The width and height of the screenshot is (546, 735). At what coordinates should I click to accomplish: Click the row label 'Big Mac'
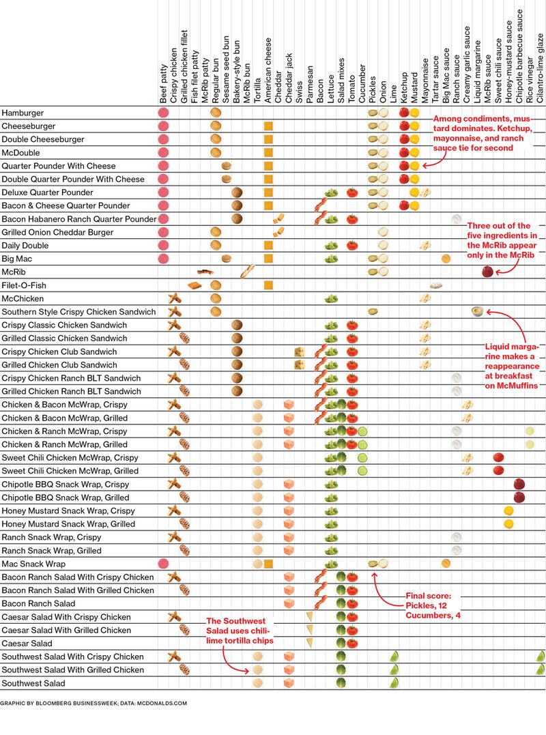pyautogui.click(x=17, y=259)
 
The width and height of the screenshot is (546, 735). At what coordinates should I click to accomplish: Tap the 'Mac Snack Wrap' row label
pyautogui.click(x=33, y=564)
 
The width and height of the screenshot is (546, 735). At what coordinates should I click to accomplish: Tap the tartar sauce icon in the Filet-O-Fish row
pyautogui.click(x=435, y=285)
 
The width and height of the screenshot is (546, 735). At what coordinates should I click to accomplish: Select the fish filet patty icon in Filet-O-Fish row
pyautogui.click(x=195, y=285)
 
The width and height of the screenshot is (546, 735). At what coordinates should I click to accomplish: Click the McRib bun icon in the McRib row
pyautogui.click(x=247, y=272)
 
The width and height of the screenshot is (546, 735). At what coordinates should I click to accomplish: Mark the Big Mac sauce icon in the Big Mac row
pyautogui.click(x=446, y=259)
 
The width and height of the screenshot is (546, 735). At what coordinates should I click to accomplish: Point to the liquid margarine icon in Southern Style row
pyautogui.click(x=478, y=312)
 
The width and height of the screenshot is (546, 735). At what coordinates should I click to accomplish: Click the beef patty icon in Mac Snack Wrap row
pyautogui.click(x=163, y=564)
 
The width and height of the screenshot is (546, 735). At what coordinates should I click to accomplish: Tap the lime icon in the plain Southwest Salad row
pyautogui.click(x=394, y=683)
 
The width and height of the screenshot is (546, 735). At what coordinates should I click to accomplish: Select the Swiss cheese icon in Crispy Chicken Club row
pyautogui.click(x=300, y=351)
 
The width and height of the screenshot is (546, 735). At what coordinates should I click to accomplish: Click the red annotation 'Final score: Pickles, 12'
pyautogui.click(x=433, y=605)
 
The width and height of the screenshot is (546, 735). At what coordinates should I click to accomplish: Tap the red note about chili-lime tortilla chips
pyautogui.click(x=240, y=631)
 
